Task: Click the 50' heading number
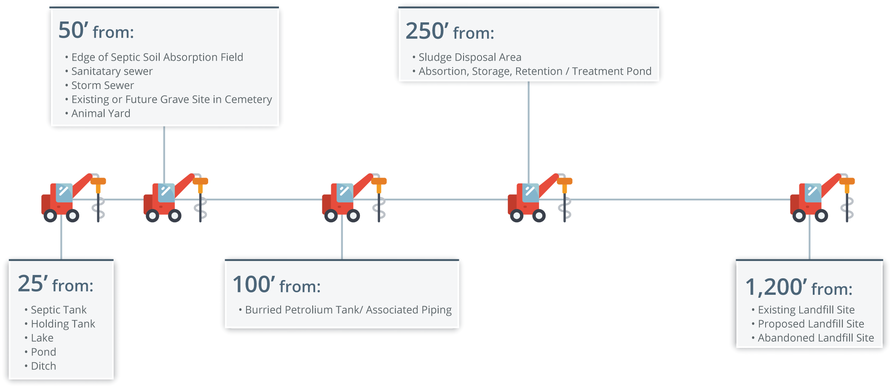pos(73,30)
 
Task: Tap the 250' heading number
pos(426,31)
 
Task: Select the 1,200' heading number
pos(776,287)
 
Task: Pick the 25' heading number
pos(32,284)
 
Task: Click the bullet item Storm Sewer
pos(102,85)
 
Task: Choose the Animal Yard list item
pos(101,113)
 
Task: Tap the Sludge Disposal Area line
pos(470,57)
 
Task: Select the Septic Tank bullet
pos(59,310)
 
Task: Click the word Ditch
pos(43,366)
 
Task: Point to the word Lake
pos(42,338)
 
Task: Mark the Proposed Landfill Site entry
pos(811,324)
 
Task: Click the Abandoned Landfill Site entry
pos(816,338)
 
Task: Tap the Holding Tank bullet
pos(63,324)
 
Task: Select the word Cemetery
pos(248,100)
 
